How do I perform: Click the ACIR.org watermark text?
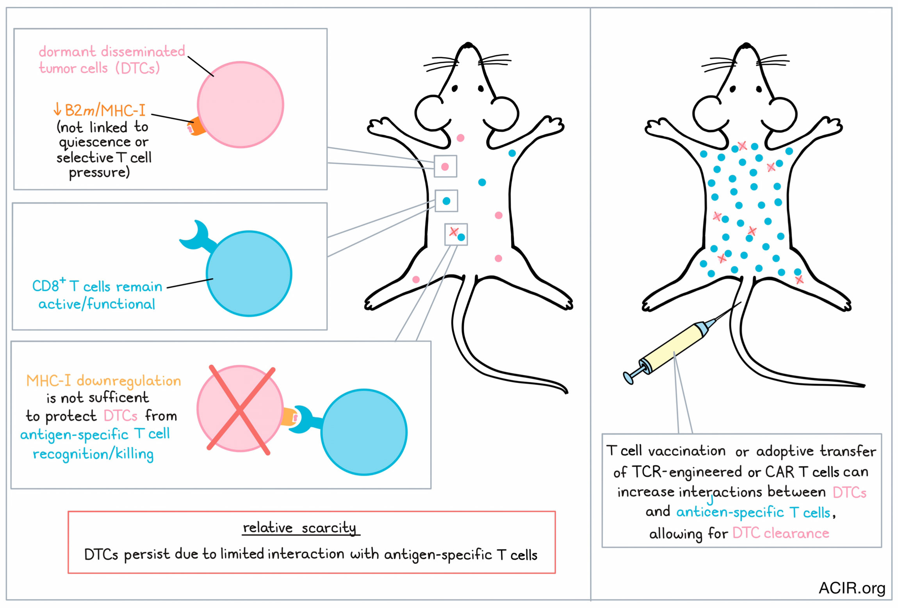[852, 588]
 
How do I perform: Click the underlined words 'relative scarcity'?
[299, 528]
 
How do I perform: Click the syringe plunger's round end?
[628, 378]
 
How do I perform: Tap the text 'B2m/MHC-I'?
[105, 111]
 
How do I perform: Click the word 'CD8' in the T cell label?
[45, 286]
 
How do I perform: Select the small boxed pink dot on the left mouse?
[445, 167]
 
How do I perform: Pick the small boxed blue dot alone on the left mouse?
[446, 201]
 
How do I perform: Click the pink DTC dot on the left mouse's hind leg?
[416, 280]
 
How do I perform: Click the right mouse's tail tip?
[864, 386]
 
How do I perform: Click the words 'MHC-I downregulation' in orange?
[103, 381]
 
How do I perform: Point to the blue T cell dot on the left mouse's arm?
[512, 153]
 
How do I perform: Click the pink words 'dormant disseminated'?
[112, 51]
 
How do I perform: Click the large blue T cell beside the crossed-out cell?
[364, 432]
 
